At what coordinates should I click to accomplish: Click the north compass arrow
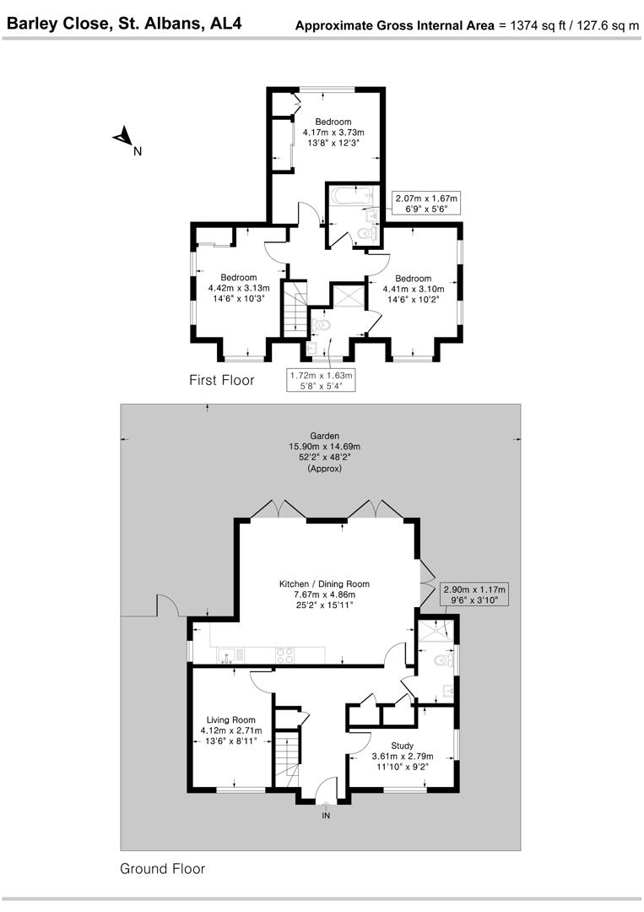124,137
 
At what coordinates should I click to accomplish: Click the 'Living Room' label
230,719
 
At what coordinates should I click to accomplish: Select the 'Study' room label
403,746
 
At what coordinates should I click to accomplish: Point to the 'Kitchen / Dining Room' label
324,584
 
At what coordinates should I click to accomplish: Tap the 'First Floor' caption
221,381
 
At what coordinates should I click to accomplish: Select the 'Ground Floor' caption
162,868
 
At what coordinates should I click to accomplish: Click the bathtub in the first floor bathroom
348,197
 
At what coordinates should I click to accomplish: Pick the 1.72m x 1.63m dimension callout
321,379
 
